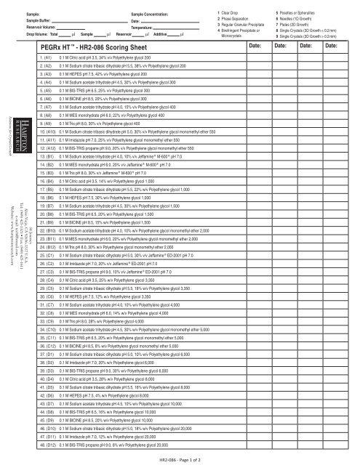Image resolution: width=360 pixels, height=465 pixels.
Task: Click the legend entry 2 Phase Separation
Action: [236, 19]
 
